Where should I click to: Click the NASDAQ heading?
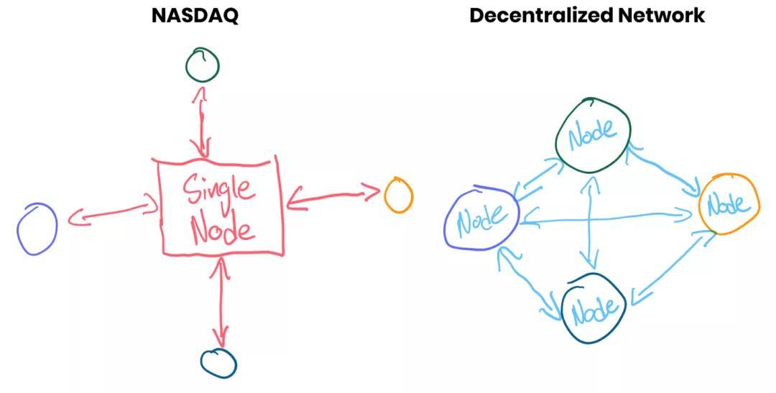pyautogui.click(x=195, y=15)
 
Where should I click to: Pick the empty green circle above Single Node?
pyautogui.click(x=202, y=65)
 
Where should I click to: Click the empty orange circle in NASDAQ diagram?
pyautogui.click(x=398, y=195)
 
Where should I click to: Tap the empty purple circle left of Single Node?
pyautogui.click(x=37, y=228)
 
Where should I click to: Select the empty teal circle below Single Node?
pyautogui.click(x=218, y=363)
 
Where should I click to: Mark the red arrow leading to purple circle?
pyautogui.click(x=113, y=213)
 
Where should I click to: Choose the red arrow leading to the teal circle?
pyautogui.click(x=221, y=302)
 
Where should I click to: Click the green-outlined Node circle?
pyautogui.click(x=593, y=134)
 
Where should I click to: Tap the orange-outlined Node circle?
pyautogui.click(x=729, y=204)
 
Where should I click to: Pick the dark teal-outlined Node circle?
pyautogui.click(x=593, y=309)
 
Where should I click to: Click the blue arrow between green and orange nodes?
pyautogui.click(x=665, y=170)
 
